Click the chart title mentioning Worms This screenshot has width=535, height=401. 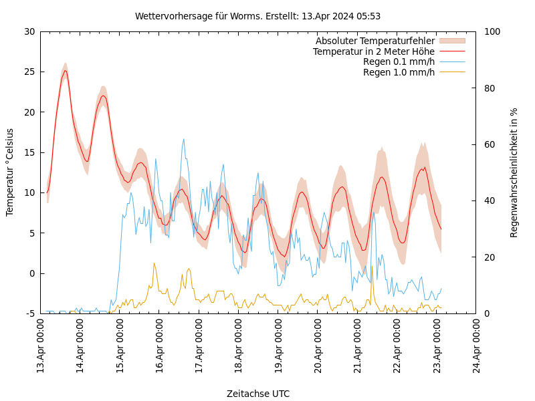coord(257,16)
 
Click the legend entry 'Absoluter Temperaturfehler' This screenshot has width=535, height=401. coord(375,41)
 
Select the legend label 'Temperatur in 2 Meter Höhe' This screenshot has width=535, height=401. coord(374,51)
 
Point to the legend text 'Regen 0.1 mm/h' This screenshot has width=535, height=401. coord(399,61)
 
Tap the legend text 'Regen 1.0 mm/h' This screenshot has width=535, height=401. coord(399,72)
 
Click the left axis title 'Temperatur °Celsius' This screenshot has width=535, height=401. coord(10,172)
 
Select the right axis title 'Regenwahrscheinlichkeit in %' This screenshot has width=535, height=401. coord(514,172)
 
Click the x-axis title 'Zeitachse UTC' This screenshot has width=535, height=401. coord(258,394)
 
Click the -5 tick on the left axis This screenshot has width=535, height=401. coord(30,313)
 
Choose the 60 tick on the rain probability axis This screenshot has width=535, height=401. coord(488,144)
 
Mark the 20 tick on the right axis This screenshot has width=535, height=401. coord(488,257)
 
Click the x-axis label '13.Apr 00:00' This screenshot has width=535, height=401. coord(40,347)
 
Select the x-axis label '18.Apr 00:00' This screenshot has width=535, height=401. coord(239,347)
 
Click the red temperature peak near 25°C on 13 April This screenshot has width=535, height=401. coord(65,70)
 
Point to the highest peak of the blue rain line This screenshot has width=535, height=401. coord(184,139)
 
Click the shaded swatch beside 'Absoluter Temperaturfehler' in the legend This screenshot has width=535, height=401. coord(452,41)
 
